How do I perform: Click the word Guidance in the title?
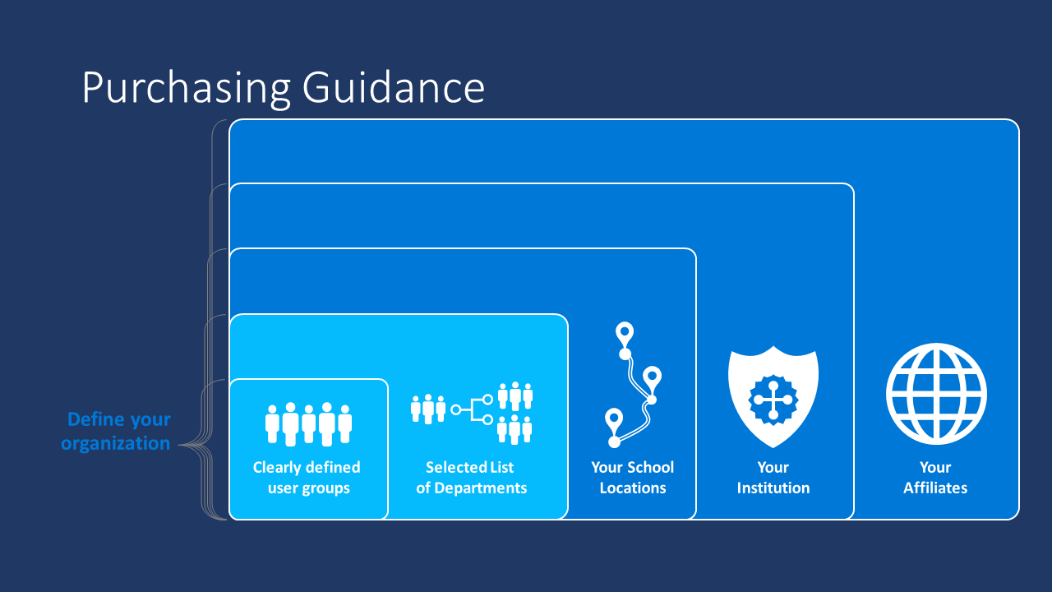pos(394,88)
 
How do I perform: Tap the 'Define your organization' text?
pos(116,431)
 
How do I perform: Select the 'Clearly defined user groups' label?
pos(307,478)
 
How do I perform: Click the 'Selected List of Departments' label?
pos(471,478)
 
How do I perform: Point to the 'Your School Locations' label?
pos(632,478)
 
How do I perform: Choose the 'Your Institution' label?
pos(773,478)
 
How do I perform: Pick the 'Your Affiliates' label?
pos(935,478)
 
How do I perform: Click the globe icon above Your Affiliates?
pos(936,393)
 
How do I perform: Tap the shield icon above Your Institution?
pos(773,395)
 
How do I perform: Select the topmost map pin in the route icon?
pos(625,334)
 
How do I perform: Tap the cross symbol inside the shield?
pos(773,400)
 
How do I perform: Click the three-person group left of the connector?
pos(428,409)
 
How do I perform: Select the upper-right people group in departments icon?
pos(515,395)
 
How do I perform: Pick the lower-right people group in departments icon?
pos(515,428)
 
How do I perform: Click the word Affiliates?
pos(935,488)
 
